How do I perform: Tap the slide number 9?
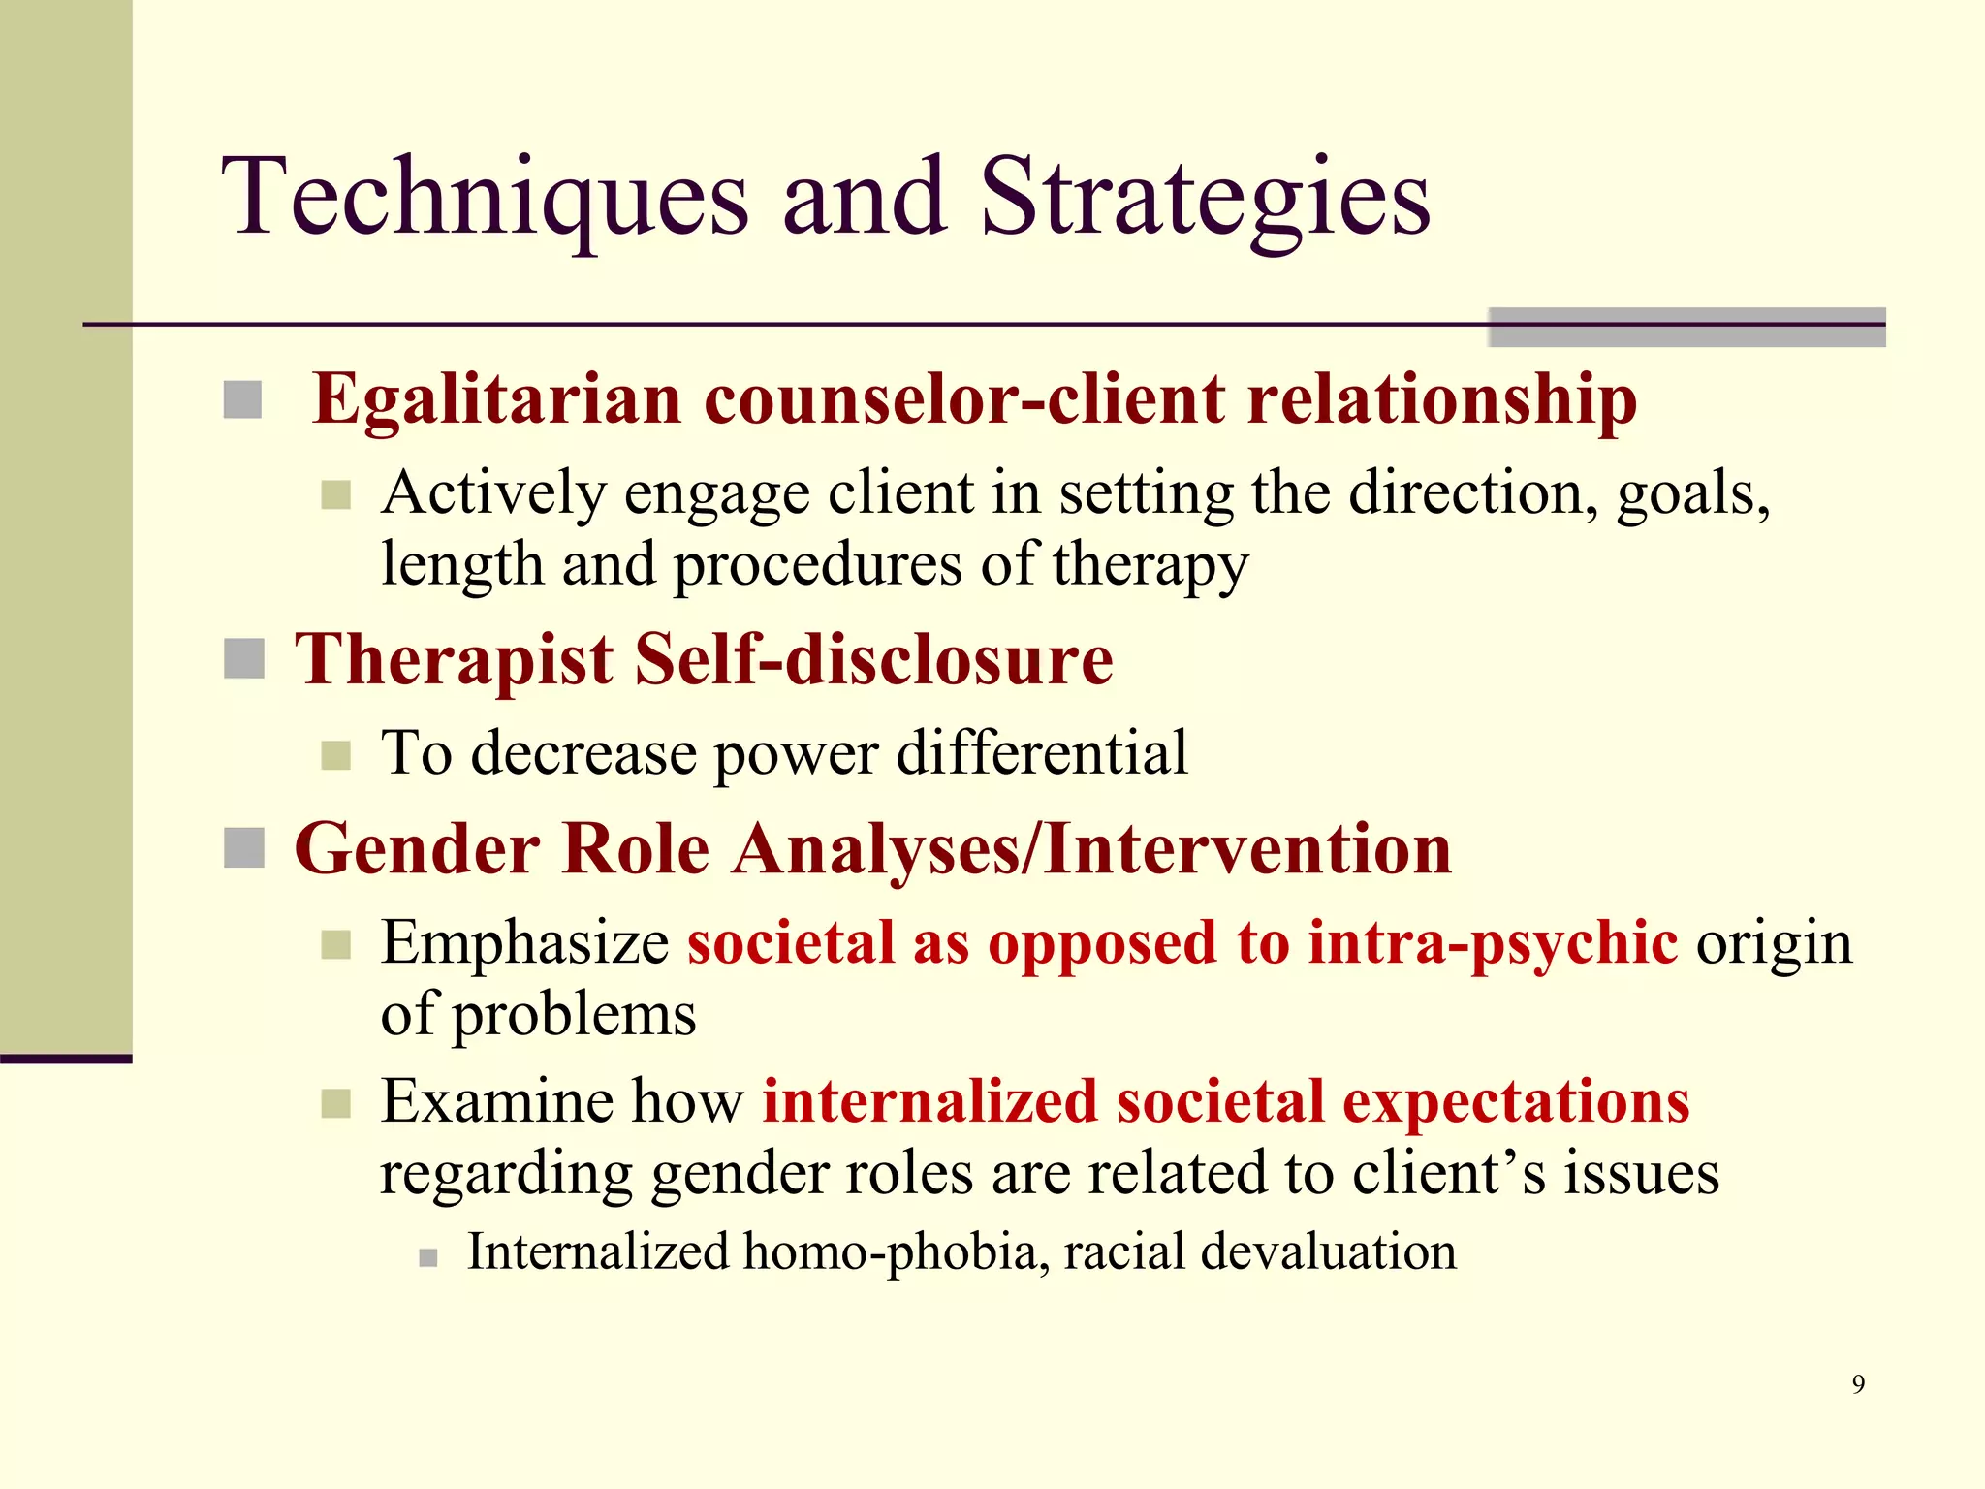tap(1857, 1383)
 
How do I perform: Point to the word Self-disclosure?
tap(873, 659)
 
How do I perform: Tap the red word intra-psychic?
tap(1493, 943)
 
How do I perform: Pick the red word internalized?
tap(929, 1101)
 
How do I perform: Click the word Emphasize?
tap(524, 943)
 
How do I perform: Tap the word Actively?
tap(493, 494)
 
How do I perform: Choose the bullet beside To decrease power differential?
tap(335, 755)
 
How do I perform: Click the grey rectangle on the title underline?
tap(1686, 327)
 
